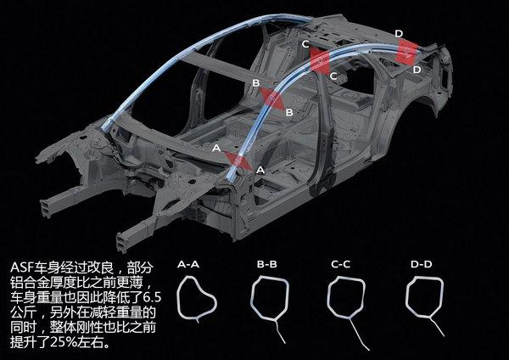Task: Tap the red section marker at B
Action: point(273,98)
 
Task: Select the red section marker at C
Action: point(321,59)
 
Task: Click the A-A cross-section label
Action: point(189,266)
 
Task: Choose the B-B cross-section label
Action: point(266,266)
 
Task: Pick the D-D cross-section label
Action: point(422,266)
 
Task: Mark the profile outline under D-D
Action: point(424,306)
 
